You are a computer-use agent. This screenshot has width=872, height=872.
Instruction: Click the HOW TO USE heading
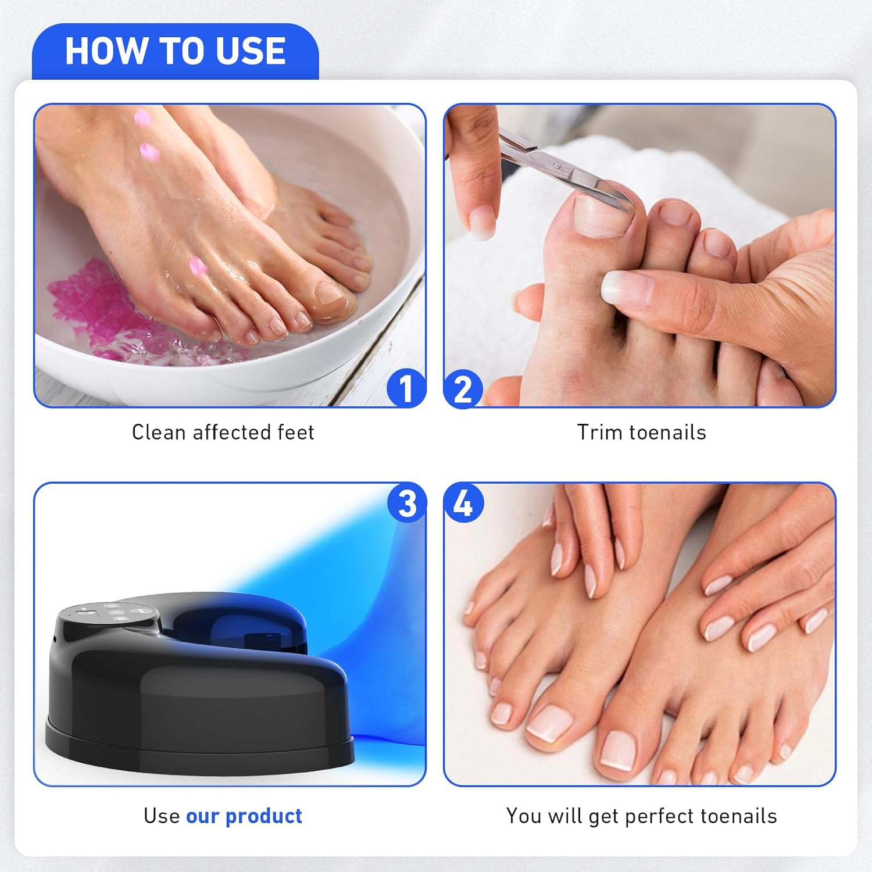(175, 51)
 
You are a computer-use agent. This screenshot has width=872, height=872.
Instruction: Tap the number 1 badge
(406, 388)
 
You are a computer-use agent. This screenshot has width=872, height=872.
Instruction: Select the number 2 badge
(463, 388)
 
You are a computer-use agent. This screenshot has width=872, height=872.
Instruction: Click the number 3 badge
(407, 503)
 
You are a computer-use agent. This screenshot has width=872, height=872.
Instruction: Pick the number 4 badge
(463, 503)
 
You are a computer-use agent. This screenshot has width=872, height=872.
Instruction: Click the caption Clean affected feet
(223, 433)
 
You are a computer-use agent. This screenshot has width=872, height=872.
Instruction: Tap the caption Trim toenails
(641, 433)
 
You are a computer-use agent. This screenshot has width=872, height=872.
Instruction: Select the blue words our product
(244, 816)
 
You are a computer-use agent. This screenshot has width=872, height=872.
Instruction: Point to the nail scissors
(558, 169)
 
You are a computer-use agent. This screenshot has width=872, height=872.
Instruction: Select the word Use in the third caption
(162, 816)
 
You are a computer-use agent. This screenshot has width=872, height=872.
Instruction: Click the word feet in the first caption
(296, 433)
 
